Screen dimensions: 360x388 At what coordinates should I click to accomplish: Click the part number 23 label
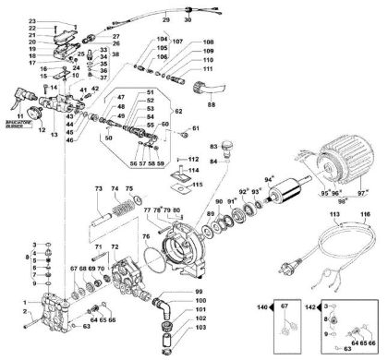point(33,20)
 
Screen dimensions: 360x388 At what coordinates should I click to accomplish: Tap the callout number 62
point(178,111)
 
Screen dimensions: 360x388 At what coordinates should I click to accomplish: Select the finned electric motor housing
point(343,175)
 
